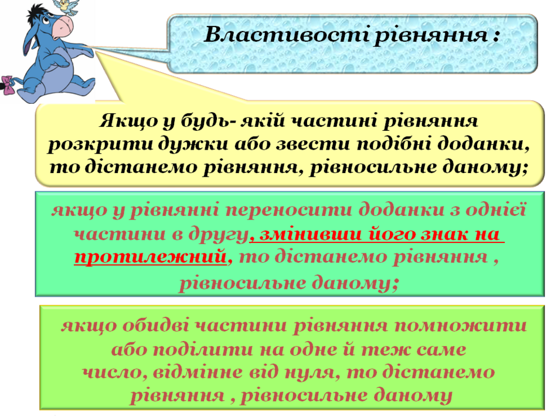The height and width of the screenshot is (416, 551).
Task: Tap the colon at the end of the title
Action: click(x=495, y=36)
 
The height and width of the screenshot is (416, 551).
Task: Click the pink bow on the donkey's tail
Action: click(x=8, y=85)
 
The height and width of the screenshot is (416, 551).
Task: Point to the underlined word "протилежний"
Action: click(x=151, y=258)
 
